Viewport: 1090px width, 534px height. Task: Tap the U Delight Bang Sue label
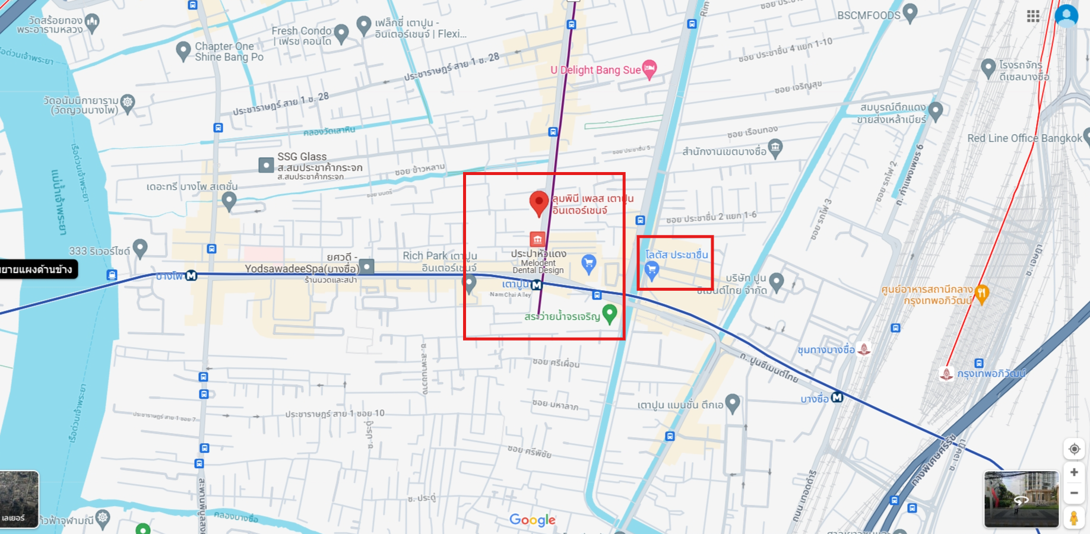coord(595,70)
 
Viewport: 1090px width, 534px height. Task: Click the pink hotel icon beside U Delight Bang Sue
coord(649,69)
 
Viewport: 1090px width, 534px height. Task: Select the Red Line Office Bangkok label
coord(1024,138)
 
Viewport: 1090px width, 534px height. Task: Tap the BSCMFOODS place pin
coord(910,12)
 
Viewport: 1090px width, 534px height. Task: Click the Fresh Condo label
coord(302,31)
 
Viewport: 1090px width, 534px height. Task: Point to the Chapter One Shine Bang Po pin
coord(184,50)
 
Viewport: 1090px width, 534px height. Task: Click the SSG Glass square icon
coord(266,165)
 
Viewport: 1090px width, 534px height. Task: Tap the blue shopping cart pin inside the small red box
coord(652,271)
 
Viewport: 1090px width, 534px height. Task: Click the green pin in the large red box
coord(610,313)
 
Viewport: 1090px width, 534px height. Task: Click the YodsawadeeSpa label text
coord(302,269)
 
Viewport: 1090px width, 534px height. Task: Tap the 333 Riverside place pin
coord(140,247)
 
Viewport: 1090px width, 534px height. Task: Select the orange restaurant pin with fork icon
coord(982,293)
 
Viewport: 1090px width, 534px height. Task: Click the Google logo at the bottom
coord(533,520)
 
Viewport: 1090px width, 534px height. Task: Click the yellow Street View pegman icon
coord(1073,518)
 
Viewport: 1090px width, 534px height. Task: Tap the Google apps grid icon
coord(1033,16)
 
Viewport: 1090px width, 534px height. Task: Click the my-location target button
coord(1074,449)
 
